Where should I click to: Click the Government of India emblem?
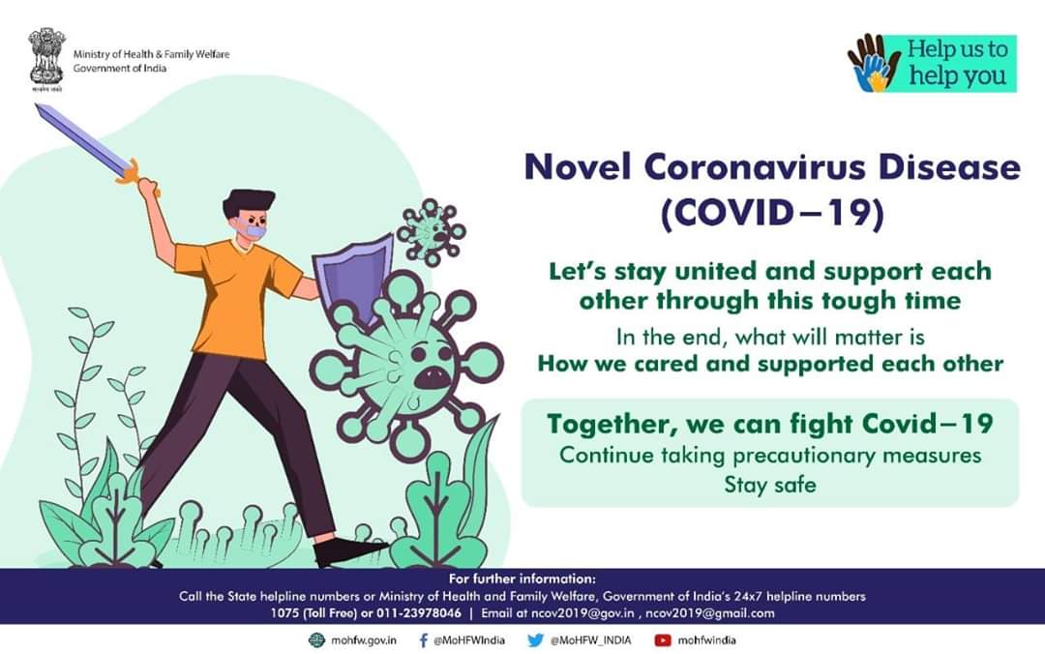click(46, 59)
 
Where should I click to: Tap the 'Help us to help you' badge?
click(932, 63)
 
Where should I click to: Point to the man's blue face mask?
click(254, 231)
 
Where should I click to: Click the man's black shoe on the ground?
click(346, 550)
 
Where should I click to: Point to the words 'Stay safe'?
click(770, 484)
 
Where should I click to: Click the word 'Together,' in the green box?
click(612, 425)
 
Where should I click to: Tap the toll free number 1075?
click(284, 613)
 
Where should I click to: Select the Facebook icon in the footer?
click(423, 640)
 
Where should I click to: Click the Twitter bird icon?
click(535, 640)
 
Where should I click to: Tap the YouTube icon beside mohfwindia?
click(663, 640)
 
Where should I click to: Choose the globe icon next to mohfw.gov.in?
click(316, 640)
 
